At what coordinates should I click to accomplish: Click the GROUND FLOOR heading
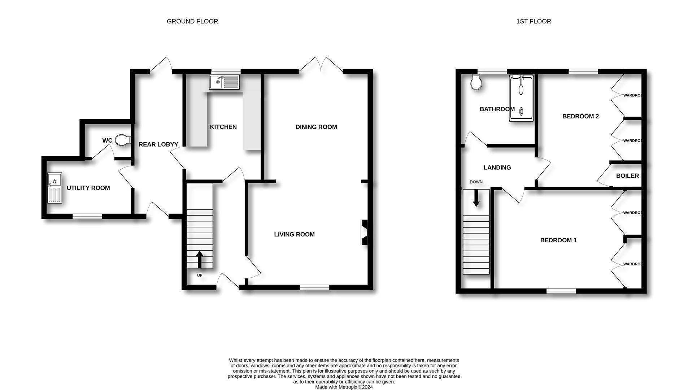[192, 21]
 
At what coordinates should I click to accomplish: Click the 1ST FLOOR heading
[534, 21]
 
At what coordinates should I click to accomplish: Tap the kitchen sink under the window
[224, 82]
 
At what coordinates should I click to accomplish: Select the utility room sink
[55, 188]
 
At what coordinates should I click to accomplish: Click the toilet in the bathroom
[476, 83]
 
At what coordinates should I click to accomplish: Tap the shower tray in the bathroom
[521, 98]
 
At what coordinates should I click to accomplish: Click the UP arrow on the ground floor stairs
[199, 260]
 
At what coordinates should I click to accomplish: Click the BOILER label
[627, 176]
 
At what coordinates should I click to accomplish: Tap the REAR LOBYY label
[158, 144]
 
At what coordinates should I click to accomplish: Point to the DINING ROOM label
[316, 127]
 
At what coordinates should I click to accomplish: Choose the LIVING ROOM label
[294, 234]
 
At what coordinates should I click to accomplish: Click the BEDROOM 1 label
[558, 240]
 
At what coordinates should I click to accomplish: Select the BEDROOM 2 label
[580, 116]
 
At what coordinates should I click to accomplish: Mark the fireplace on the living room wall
[364, 232]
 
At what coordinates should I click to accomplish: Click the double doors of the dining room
[321, 65]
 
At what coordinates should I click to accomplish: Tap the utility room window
[87, 216]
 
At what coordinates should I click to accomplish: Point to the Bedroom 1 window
[561, 291]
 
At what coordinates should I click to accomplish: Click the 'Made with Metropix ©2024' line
[344, 387]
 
